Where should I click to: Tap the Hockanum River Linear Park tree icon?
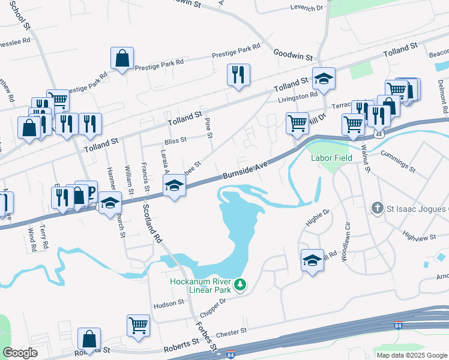tap(240, 284)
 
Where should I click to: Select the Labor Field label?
tap(330, 159)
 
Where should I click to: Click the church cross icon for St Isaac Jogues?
tap(377, 208)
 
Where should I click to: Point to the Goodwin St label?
tap(294, 56)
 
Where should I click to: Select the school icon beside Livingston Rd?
tap(324, 79)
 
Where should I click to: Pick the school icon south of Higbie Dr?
tap(312, 260)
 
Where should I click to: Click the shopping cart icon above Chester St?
tap(138, 325)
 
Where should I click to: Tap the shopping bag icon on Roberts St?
tap(89, 338)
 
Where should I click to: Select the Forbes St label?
tap(205, 336)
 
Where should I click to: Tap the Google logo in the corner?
tap(20, 353)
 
